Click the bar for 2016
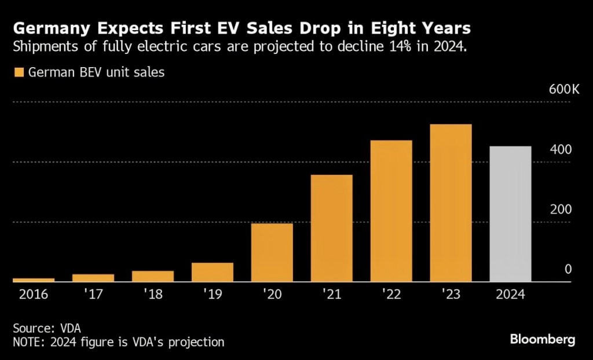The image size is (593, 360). click(34, 280)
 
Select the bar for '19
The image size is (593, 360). click(212, 273)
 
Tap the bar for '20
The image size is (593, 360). click(272, 252)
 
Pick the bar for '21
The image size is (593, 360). click(331, 228)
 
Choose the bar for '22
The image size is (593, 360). click(391, 211)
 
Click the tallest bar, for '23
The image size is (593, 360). click(451, 203)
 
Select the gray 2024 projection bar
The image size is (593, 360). click(510, 214)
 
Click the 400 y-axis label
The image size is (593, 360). click(561, 149)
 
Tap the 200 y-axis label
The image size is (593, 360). click(561, 210)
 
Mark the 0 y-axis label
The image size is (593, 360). click(568, 269)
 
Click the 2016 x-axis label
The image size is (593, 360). click(33, 294)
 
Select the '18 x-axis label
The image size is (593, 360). click(152, 294)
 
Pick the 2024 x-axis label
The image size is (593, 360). click(510, 294)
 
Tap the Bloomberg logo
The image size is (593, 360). click(542, 340)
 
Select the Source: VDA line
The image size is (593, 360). click(47, 328)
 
